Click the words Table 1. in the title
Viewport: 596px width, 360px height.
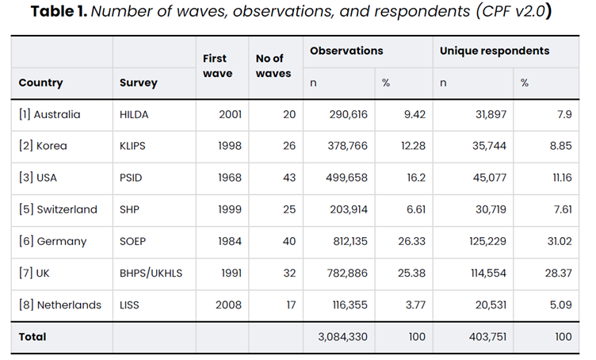pyautogui.click(x=59, y=11)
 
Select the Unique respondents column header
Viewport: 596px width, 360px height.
pyautogui.click(x=495, y=51)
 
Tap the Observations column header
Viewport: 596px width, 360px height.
pyautogui.click(x=346, y=51)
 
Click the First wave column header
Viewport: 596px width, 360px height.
pyautogui.click(x=217, y=66)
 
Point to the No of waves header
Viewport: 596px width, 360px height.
pyautogui.click(x=273, y=66)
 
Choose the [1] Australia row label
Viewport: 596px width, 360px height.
pyautogui.click(x=49, y=114)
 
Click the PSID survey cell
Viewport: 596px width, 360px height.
pyautogui.click(x=131, y=178)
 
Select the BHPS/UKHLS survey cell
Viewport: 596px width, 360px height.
pyautogui.click(x=151, y=273)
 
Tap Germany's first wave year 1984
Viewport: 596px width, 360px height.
pyautogui.click(x=230, y=241)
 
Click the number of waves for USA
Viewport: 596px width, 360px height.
pyautogui.click(x=288, y=178)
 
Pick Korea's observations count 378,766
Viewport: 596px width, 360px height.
pyautogui.click(x=347, y=146)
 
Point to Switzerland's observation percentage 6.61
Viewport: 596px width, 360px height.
pyautogui.click(x=416, y=209)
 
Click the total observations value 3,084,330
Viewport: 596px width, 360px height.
pyautogui.click(x=343, y=337)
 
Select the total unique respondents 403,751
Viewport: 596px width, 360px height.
pyautogui.click(x=487, y=337)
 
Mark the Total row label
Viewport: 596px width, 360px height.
pyautogui.click(x=32, y=337)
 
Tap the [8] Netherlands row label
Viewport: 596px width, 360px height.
pyautogui.click(x=60, y=304)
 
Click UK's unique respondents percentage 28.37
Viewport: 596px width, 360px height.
pyautogui.click(x=559, y=273)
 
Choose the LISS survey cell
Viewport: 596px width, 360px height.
pyautogui.click(x=129, y=304)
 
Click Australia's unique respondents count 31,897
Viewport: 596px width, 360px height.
pyautogui.click(x=491, y=114)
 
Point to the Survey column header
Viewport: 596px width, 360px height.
pyautogui.click(x=139, y=83)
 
